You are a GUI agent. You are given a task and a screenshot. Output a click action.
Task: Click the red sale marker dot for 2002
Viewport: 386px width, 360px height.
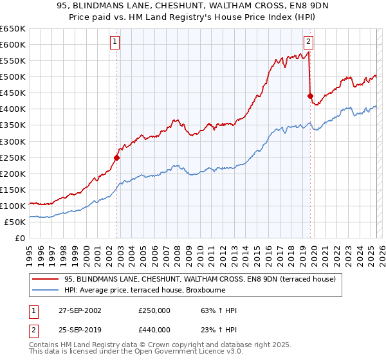point(117,157)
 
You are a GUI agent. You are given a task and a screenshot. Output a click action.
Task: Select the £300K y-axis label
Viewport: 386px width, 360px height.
point(13,141)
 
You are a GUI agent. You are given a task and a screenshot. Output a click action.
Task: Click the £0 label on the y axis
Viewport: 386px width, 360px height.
point(21,239)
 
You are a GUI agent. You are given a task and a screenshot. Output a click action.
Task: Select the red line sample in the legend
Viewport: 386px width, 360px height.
point(45,279)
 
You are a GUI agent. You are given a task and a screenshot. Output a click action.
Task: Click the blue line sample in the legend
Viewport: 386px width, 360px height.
point(45,290)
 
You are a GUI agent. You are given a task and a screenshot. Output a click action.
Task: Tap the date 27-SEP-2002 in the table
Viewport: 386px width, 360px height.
point(79,310)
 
